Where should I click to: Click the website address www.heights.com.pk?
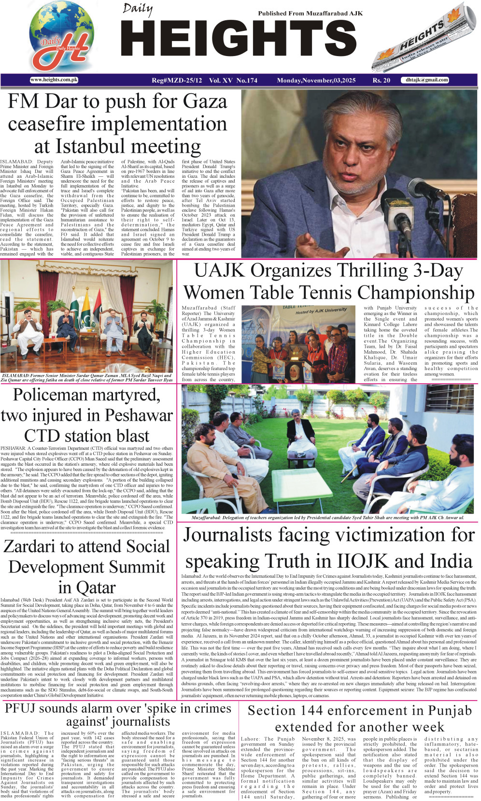(x=54, y=80)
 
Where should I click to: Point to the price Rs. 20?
(x=381, y=80)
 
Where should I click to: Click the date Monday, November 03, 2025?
(x=316, y=80)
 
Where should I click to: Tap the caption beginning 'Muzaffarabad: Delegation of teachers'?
(x=327, y=517)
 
